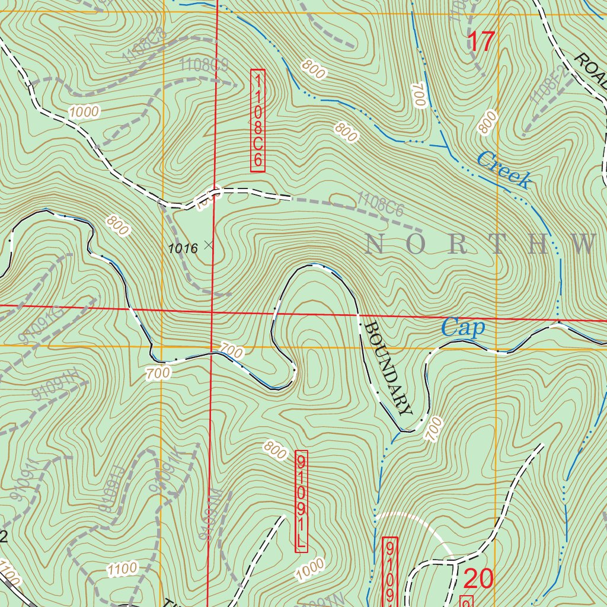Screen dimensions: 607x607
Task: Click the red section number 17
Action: pos(481,42)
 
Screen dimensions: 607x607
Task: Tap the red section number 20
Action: pos(478,579)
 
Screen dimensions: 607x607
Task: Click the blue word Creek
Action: pos(503,170)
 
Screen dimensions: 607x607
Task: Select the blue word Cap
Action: pos(463,328)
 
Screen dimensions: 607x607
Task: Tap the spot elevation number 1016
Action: pos(183,249)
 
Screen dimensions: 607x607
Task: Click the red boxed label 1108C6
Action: pos(257,120)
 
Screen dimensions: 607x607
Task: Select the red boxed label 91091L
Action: pos(301,501)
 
